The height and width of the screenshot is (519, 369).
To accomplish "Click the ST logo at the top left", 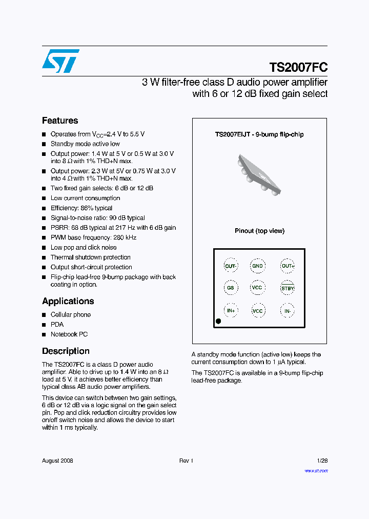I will (60, 61).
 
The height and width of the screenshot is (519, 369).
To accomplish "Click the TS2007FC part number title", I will (298, 67).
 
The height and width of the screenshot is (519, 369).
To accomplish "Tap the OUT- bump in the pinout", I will (231, 266).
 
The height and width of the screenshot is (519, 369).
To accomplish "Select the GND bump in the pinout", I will (257, 266).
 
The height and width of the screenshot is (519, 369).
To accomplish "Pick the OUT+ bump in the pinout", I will (288, 266).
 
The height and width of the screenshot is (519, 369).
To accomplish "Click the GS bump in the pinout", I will (231, 288).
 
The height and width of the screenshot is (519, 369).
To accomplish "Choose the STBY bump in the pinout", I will (288, 288).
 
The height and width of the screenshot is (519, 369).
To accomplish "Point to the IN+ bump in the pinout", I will (231, 311).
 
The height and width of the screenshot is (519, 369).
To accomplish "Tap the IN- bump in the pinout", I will (288, 311).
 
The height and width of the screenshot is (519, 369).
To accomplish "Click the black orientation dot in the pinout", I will (218, 321).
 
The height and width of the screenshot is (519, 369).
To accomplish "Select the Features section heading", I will (60, 121).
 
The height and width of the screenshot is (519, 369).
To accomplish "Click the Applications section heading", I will (68, 301).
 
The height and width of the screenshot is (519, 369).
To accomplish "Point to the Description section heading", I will (66, 351).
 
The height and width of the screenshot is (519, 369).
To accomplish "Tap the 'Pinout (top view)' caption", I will (259, 231).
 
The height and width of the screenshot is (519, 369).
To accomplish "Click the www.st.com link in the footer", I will (316, 470).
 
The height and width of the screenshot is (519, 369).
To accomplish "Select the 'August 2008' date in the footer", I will (57, 461).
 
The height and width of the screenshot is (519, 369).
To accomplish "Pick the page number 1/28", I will (322, 461).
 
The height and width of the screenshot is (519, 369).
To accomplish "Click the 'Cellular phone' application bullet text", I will (71, 315).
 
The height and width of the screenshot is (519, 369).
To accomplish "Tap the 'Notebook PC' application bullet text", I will (69, 334).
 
